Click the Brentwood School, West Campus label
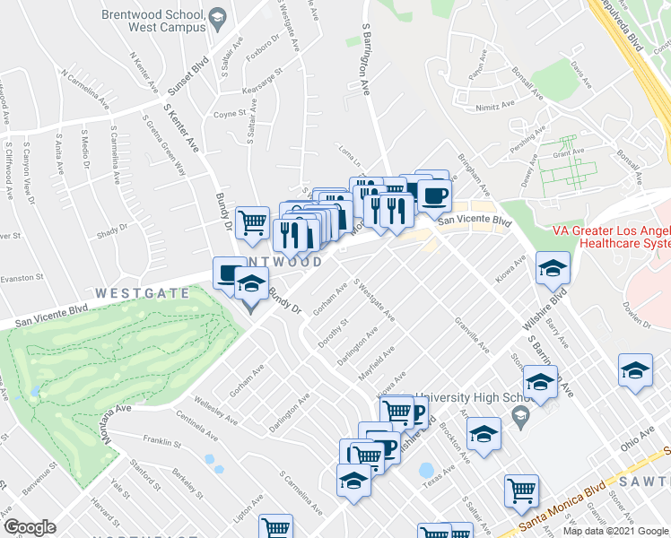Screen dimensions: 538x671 150,22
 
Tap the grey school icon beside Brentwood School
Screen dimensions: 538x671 217,18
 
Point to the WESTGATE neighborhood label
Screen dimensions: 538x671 143,293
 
